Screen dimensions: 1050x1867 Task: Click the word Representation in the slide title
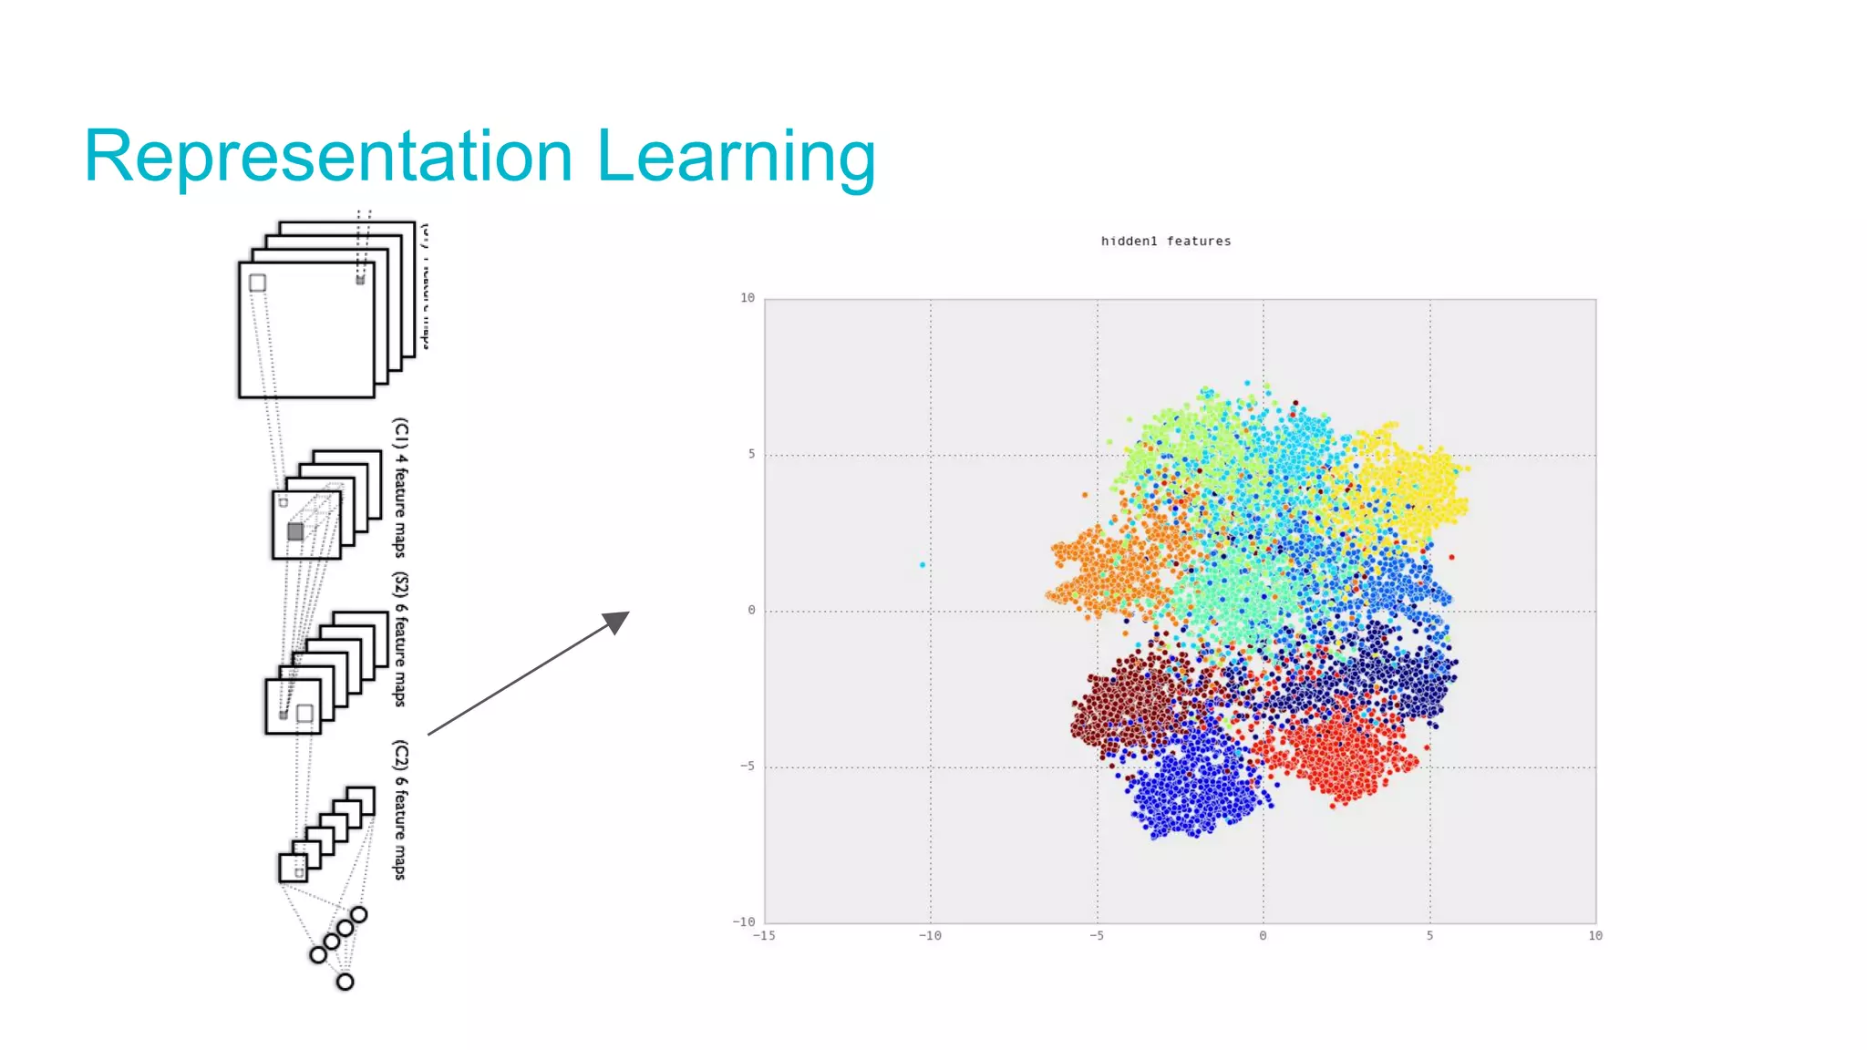tap(328, 157)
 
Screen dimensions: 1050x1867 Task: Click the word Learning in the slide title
tap(736, 157)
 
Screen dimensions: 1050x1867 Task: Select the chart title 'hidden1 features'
tap(1165, 242)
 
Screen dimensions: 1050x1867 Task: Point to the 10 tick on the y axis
tap(748, 298)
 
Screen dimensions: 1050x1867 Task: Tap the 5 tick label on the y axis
tap(751, 454)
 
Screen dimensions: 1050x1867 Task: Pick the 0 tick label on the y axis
tap(751, 610)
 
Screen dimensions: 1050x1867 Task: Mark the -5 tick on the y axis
tap(748, 766)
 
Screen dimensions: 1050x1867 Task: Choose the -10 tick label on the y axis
tap(744, 921)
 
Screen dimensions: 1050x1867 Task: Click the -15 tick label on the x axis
tap(764, 935)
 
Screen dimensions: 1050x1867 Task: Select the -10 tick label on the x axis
tap(930, 935)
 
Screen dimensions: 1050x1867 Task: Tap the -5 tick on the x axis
tap(1097, 935)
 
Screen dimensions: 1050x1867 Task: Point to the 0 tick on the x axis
tap(1263, 935)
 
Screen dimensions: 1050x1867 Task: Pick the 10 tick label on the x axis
tap(1595, 935)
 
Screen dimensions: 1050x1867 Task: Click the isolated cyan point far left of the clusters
tap(923, 565)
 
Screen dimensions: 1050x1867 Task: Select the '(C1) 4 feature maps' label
tap(400, 487)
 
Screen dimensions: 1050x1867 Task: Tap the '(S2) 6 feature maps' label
tap(400, 640)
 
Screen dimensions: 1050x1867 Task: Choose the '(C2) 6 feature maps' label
tap(400, 809)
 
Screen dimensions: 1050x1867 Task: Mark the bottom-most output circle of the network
tap(345, 982)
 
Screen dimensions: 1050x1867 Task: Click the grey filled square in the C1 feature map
tap(295, 531)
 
